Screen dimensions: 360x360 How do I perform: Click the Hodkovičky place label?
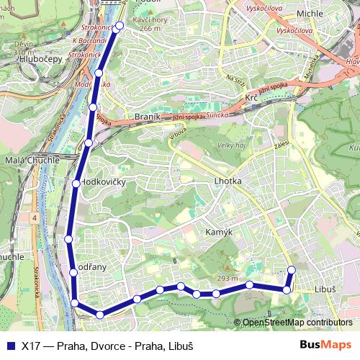click(x=104, y=182)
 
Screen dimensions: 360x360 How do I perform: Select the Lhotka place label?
click(x=228, y=181)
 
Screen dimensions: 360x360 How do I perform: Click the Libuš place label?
click(x=325, y=289)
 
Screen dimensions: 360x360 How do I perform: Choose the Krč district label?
click(x=251, y=97)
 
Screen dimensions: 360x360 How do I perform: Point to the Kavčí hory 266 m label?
click(x=150, y=24)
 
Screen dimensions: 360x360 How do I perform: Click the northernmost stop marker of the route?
click(x=119, y=26)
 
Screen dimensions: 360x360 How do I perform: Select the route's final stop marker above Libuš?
click(x=292, y=270)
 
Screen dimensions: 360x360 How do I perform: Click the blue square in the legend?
click(x=9, y=345)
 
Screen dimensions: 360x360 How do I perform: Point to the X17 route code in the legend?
click(x=30, y=345)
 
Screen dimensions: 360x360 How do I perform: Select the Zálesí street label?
click(x=281, y=145)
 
